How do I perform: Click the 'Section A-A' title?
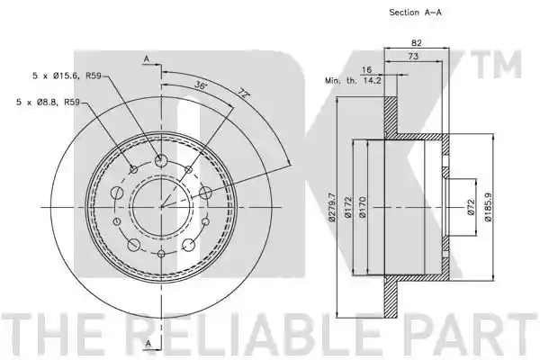(x=415, y=13)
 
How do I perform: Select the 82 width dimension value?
(x=417, y=42)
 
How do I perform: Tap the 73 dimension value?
(x=413, y=56)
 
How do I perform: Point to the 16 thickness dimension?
(x=367, y=69)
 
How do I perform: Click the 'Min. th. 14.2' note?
(x=354, y=81)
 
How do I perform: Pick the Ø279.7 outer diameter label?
(x=332, y=207)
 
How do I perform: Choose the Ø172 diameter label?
(x=348, y=207)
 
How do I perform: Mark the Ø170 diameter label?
(x=363, y=207)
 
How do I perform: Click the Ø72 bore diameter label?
(x=472, y=207)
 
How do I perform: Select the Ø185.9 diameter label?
(x=488, y=207)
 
